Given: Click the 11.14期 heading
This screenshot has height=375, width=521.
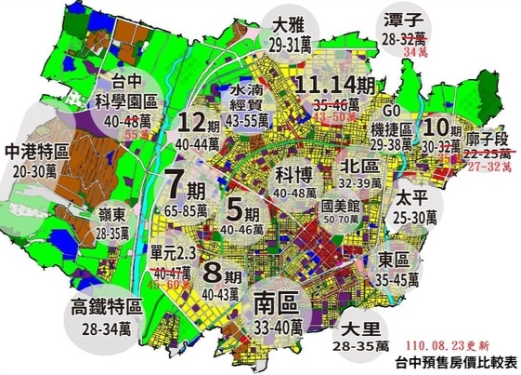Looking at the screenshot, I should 336,86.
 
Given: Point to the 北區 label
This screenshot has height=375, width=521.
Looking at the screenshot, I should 361,166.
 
